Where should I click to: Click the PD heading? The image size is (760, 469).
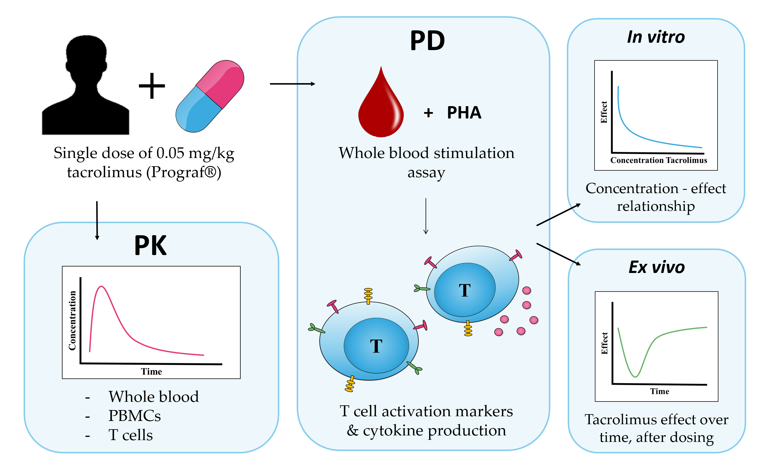click(x=427, y=41)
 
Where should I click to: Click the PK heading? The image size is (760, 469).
click(x=150, y=246)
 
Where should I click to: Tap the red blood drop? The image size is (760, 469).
click(x=381, y=108)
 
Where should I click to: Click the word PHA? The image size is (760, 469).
click(x=464, y=113)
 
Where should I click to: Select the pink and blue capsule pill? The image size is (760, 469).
click(x=210, y=96)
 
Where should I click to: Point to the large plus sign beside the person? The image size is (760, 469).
click(x=152, y=86)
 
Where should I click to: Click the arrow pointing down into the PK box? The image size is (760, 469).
click(x=97, y=220)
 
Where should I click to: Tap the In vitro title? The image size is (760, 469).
click(x=656, y=37)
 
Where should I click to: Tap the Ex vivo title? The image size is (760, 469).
click(x=656, y=267)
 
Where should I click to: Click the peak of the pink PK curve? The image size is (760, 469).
click(x=101, y=287)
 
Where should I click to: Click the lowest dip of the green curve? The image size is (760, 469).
click(x=635, y=376)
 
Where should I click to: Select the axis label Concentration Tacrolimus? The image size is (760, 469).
click(x=659, y=160)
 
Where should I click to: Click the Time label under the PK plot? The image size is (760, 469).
click(x=152, y=372)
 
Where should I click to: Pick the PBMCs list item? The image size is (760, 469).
click(x=134, y=416)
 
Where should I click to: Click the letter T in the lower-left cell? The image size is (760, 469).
click(x=376, y=346)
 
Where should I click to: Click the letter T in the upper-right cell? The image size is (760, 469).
click(x=464, y=291)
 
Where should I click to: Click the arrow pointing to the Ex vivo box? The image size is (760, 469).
click(x=558, y=254)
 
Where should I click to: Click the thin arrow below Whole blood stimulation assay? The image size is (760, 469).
click(x=426, y=216)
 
